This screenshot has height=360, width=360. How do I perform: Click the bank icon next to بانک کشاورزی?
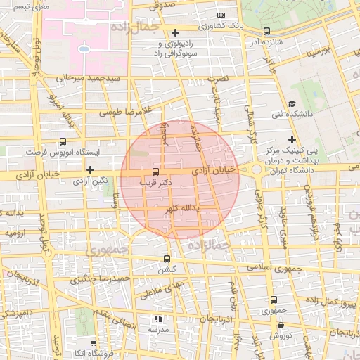point(221,15)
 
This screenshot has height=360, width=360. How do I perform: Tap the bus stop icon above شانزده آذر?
point(266,31)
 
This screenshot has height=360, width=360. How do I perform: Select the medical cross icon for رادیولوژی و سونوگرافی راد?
point(175,32)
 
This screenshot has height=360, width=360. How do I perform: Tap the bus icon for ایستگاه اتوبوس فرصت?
point(64,141)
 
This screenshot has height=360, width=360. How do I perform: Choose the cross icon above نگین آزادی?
point(90,169)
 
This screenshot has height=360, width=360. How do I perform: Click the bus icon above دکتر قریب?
point(155,172)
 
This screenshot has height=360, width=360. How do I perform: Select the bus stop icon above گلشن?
point(167,259)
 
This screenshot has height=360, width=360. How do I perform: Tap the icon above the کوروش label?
point(281,326)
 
